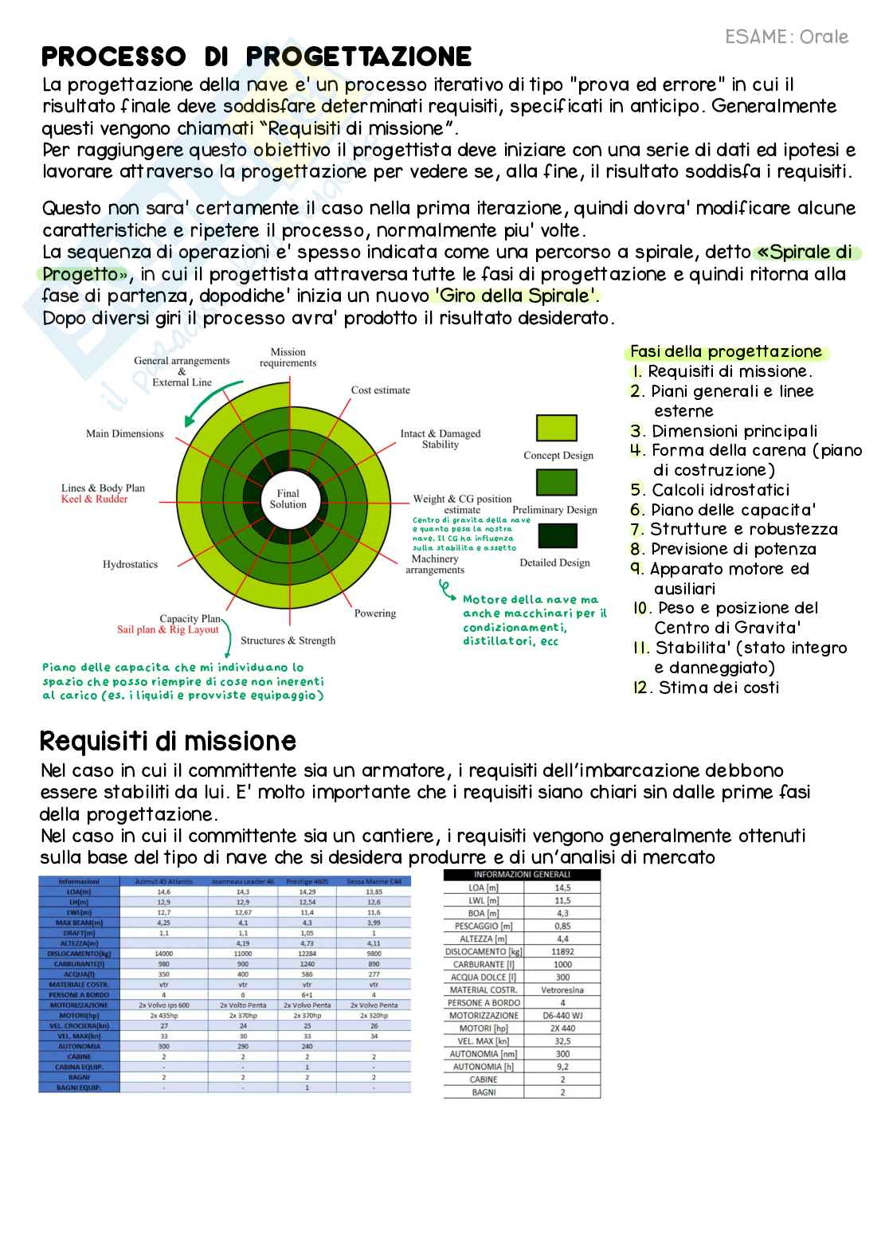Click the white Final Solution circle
click(x=288, y=499)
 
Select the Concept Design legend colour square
click(x=557, y=428)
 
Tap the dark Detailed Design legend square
click(x=557, y=535)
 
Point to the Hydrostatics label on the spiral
click(x=130, y=564)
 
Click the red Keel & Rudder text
click(x=94, y=500)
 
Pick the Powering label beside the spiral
click(x=374, y=613)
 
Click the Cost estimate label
click(x=381, y=390)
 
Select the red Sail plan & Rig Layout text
click(x=167, y=630)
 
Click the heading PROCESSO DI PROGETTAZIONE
click(x=257, y=57)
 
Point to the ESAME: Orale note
click(x=786, y=37)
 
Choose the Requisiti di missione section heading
click(x=168, y=741)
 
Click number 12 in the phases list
click(x=640, y=688)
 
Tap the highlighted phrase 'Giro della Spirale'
click(x=515, y=296)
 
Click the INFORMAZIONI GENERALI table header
click(x=522, y=875)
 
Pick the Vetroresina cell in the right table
click(x=562, y=990)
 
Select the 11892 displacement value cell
click(x=562, y=952)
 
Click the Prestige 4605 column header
click(x=307, y=882)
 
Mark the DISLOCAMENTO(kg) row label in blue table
click(x=79, y=954)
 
